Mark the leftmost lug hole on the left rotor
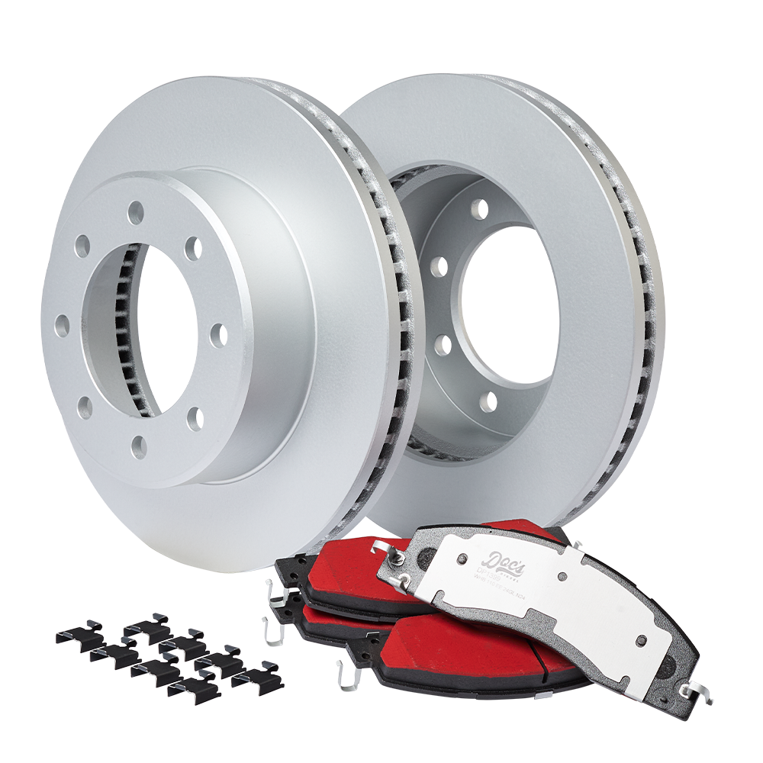62,326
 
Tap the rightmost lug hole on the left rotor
217,334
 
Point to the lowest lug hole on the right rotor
488,400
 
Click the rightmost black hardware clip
259,678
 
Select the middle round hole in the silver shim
562,579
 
